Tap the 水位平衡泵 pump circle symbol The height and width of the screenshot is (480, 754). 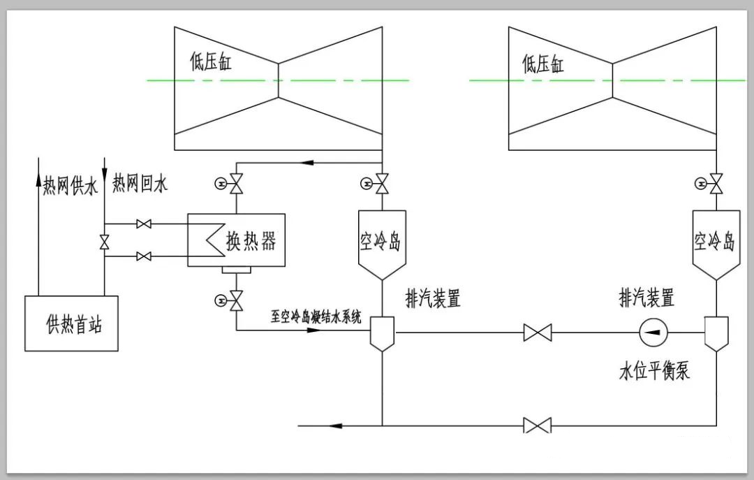click(x=653, y=332)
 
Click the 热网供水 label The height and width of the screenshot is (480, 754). click(x=71, y=185)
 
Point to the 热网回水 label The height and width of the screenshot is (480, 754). click(x=140, y=184)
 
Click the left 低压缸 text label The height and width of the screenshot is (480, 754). click(x=211, y=61)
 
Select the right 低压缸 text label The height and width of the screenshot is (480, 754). click(x=543, y=64)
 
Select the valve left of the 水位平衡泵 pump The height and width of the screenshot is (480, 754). click(x=538, y=333)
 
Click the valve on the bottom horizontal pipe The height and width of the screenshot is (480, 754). click(x=538, y=426)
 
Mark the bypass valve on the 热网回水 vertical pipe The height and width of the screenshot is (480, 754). click(x=104, y=242)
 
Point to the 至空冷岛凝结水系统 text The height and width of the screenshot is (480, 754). click(x=316, y=317)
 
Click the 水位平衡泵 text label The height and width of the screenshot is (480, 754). click(x=654, y=371)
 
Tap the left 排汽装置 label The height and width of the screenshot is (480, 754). click(x=434, y=298)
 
